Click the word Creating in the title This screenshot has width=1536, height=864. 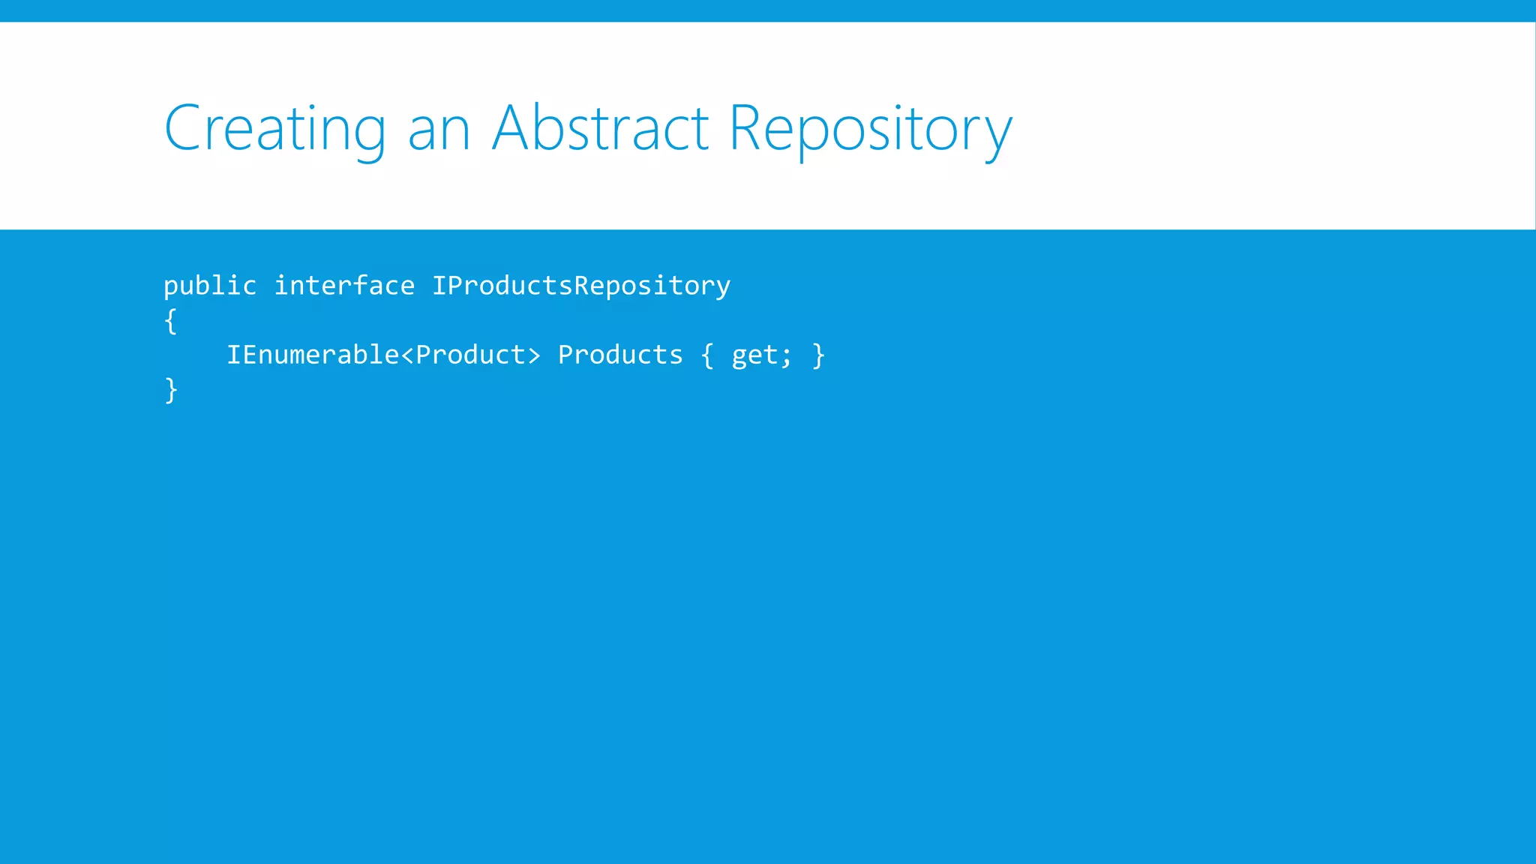[x=274, y=129]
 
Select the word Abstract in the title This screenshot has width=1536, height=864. [x=600, y=128]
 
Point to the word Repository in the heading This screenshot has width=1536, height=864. [x=870, y=129]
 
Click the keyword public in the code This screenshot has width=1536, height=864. [x=210, y=286]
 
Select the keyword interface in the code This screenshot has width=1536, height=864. [x=344, y=286]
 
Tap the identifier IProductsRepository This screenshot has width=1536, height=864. [x=581, y=286]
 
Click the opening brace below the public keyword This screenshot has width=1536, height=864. [x=171, y=321]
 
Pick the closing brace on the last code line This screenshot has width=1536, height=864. [x=171, y=390]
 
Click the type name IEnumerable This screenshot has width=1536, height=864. [x=313, y=355]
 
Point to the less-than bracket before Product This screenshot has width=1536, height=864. [x=407, y=355]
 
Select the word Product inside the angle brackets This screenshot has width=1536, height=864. [x=470, y=355]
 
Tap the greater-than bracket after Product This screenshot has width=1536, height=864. [x=533, y=355]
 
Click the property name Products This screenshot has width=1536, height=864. [x=620, y=355]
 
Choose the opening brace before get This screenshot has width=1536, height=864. [x=707, y=355]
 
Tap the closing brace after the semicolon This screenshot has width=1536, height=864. [x=818, y=355]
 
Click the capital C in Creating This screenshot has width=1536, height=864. [x=183, y=128]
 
